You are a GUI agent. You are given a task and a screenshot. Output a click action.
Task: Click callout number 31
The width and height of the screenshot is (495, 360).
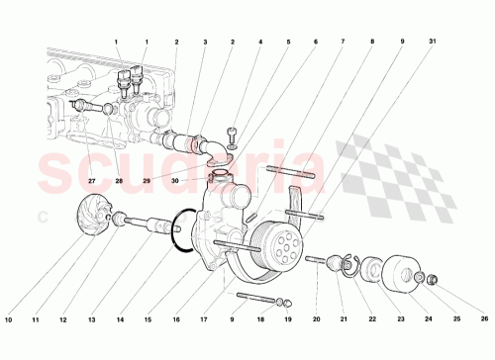pos(432,42)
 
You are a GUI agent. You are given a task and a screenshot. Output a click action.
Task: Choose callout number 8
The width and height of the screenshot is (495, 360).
pos(373,42)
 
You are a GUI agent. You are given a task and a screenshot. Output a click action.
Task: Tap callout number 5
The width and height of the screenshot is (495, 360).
pos(288,42)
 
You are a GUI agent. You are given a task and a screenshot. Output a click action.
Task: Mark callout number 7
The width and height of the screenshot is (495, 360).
pos(345,42)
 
